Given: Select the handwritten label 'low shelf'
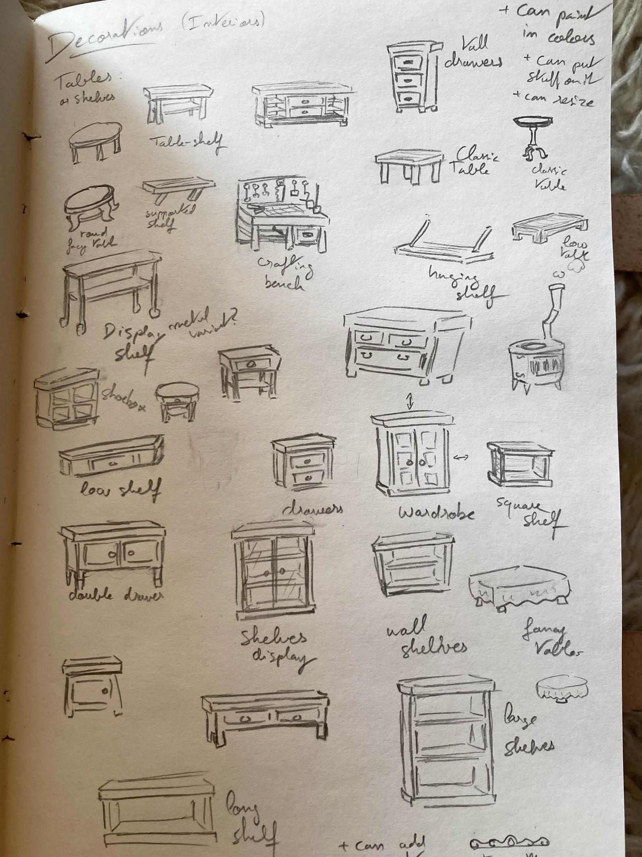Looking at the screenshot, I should point(120,491).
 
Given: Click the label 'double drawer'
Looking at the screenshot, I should point(116,596).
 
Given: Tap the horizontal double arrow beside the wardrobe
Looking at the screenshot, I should point(461,457).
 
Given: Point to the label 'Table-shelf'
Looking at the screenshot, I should point(188,142).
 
